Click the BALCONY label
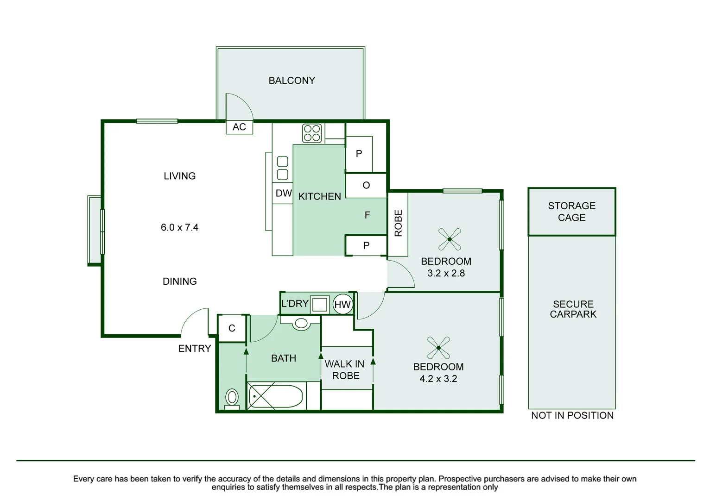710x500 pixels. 292,81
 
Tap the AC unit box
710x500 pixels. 239,127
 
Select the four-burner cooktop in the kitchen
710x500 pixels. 312,133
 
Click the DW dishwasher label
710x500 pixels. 283,194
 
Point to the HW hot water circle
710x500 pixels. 342,304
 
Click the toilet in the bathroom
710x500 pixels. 232,398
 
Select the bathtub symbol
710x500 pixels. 276,396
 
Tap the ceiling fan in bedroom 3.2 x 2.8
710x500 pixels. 450,239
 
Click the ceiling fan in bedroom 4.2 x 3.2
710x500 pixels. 438,347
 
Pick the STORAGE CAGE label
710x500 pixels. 571,212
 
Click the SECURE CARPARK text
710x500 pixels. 573,309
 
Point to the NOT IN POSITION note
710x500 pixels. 572,416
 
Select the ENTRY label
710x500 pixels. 195,349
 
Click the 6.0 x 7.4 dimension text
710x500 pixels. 179,227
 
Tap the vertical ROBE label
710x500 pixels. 398,223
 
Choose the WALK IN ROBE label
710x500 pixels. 345,370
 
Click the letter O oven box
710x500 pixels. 366,186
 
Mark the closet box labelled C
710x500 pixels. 232,328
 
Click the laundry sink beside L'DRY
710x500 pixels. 320,304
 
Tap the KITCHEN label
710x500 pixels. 319,196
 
